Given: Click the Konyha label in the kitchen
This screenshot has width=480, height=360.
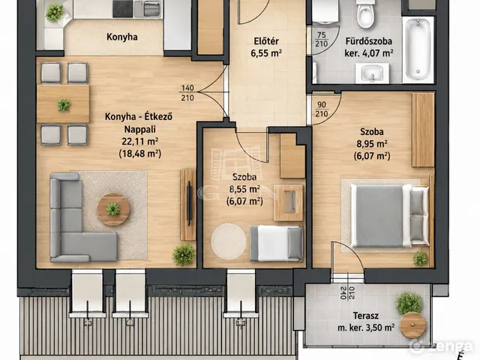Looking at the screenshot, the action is point(121,37).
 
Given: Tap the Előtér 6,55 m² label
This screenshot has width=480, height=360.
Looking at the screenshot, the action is point(266,47).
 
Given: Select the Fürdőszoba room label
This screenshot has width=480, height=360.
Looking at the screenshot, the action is point(368,41).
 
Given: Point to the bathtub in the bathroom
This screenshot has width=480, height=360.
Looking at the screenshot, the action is point(418,49).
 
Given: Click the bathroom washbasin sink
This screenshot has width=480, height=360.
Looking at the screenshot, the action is point(372,73).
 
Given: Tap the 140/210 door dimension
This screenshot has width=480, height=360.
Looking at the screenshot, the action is point(187,93).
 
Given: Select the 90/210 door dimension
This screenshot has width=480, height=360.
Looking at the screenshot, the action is point(322,109).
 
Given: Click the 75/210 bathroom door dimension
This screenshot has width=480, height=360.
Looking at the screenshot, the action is point(322,40).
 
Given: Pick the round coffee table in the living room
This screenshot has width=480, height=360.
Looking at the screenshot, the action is point(113,209).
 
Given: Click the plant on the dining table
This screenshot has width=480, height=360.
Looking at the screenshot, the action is point(64,105).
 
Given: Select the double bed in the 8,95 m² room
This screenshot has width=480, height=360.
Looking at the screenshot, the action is point(389,215).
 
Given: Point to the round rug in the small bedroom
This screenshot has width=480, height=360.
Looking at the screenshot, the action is point(228,241).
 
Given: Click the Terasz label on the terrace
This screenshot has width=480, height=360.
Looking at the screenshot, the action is point(365,316).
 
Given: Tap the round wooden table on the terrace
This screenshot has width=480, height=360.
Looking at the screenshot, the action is point(412,325).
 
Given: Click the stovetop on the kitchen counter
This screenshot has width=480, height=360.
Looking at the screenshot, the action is point(122,9).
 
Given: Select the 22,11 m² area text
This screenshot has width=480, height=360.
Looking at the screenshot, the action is point(140,142).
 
